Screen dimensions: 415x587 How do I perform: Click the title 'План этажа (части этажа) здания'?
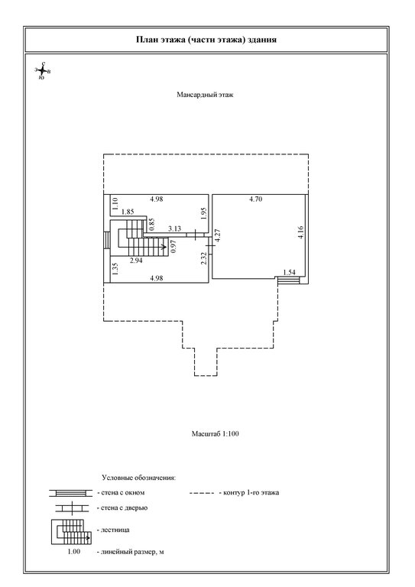click(x=206, y=40)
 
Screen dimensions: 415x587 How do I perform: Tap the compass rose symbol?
click(x=43, y=71)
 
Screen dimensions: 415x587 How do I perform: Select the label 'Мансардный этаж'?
click(x=205, y=95)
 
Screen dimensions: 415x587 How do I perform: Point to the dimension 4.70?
click(x=255, y=199)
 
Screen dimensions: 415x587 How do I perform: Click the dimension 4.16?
click(x=301, y=232)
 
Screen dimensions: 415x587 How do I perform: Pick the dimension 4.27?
click(x=218, y=237)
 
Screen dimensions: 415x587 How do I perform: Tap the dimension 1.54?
click(x=289, y=273)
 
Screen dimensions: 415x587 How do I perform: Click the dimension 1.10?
click(x=115, y=203)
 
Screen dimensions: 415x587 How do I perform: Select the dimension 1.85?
click(x=128, y=212)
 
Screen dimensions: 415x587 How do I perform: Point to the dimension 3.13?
click(x=174, y=229)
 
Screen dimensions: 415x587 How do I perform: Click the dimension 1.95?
click(x=203, y=213)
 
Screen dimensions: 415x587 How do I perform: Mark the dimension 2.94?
click(x=136, y=261)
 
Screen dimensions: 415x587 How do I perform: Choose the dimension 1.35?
click(x=115, y=269)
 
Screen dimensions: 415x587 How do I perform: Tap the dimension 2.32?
click(x=203, y=258)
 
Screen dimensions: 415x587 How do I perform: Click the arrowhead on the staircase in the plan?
click(x=164, y=247)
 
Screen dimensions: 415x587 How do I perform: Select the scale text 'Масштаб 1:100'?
click(x=216, y=434)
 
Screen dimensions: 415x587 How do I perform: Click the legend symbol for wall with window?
click(x=71, y=493)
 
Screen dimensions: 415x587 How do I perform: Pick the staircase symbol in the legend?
click(x=71, y=532)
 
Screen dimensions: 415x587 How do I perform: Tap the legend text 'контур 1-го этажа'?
click(x=251, y=493)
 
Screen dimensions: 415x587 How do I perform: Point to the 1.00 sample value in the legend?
click(x=73, y=551)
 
